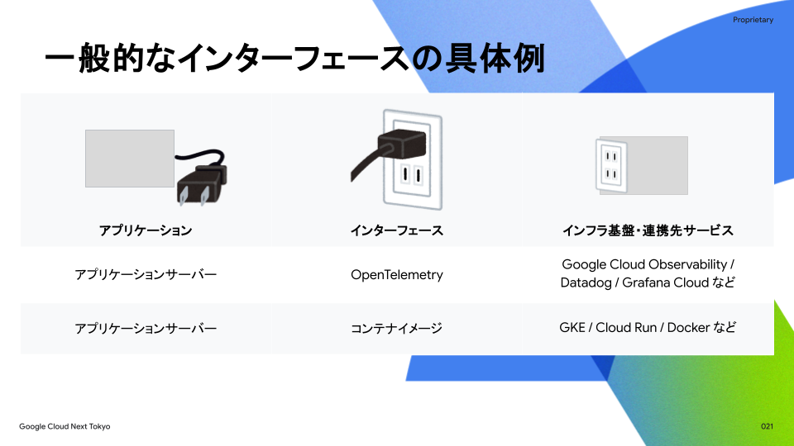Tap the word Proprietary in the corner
753,20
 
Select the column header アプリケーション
146,230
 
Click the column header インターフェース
397,230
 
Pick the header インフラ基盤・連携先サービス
648,230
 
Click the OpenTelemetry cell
397,275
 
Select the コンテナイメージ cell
397,328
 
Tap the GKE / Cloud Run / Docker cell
648,327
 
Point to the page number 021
767,426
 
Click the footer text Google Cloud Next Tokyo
65,426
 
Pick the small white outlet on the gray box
611,164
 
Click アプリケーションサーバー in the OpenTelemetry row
146,275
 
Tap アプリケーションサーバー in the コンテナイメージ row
146,328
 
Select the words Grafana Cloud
665,282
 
